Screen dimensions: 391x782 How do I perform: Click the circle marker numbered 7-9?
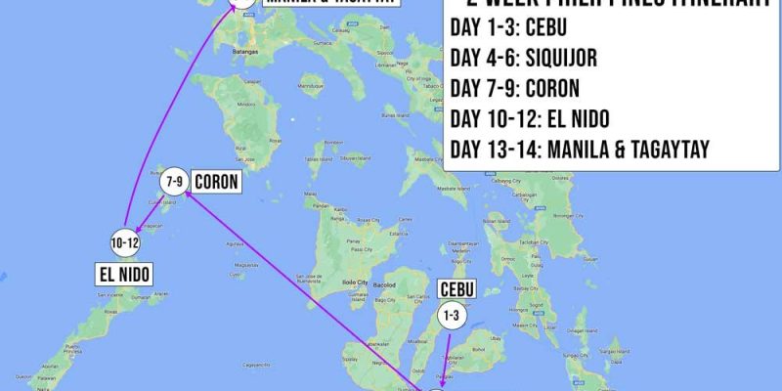[175, 182]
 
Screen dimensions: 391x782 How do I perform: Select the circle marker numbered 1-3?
[451, 316]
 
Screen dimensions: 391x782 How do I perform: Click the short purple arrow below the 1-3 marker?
[448, 357]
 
